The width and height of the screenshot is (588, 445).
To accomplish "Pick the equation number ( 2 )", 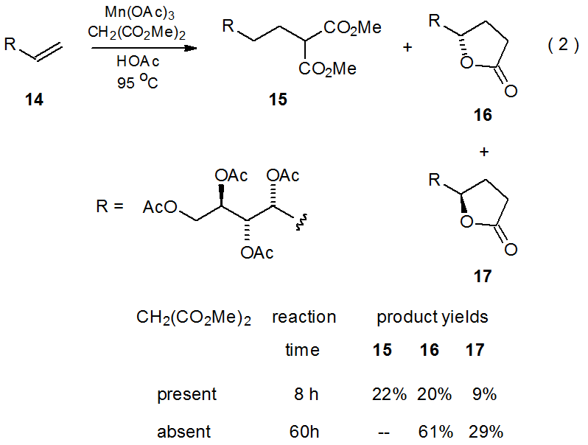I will click(x=564, y=46).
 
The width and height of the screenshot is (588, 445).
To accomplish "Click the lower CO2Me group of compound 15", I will click(x=328, y=69).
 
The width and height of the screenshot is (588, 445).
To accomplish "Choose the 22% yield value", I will click(x=389, y=394).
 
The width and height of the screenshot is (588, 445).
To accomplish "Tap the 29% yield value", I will click(x=482, y=431).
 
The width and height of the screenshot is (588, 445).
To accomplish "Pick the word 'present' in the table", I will click(x=186, y=394).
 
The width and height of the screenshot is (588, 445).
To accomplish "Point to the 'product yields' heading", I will click(x=433, y=318).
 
